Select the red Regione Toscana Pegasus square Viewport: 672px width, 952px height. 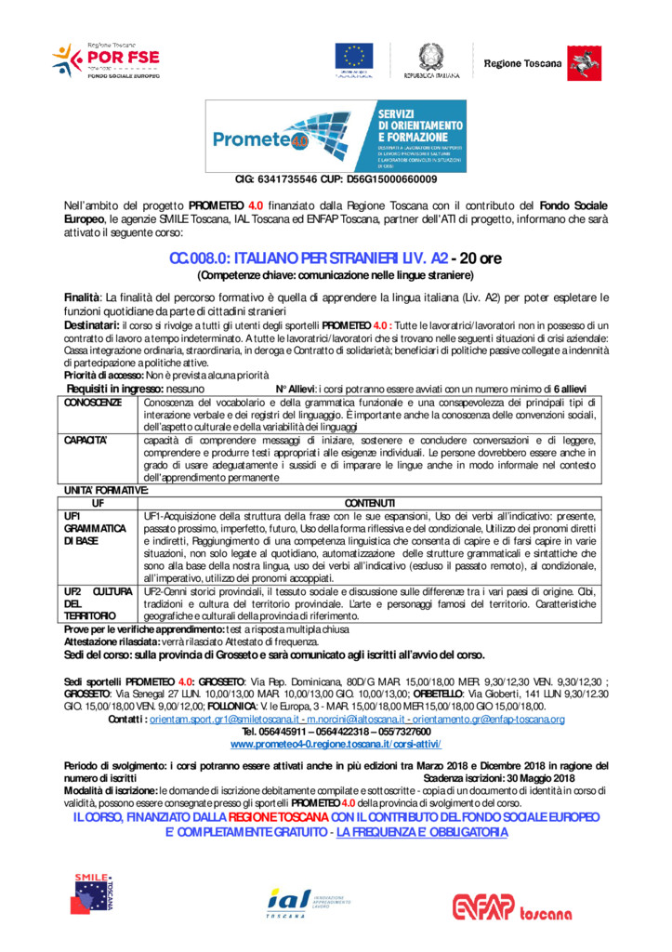(x=585, y=61)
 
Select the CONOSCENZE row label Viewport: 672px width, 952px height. (x=93, y=403)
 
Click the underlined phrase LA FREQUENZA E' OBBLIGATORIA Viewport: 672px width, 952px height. (x=422, y=831)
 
